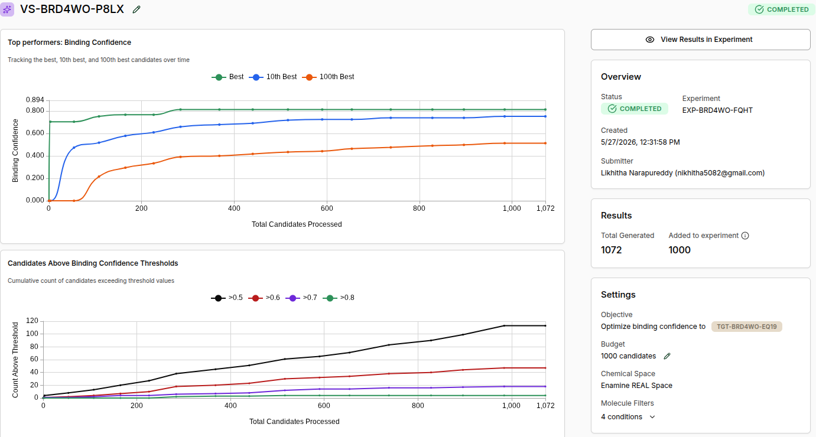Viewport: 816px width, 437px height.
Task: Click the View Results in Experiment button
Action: pyautogui.click(x=700, y=40)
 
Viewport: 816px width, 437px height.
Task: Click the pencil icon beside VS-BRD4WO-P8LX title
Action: pyautogui.click(x=136, y=10)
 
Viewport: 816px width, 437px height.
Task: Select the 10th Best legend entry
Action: pyautogui.click(x=273, y=77)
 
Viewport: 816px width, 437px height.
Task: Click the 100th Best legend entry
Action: pyautogui.click(x=328, y=77)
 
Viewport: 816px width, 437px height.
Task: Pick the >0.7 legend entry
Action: pyautogui.click(x=301, y=298)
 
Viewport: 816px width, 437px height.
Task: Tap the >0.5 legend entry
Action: pyautogui.click(x=226, y=298)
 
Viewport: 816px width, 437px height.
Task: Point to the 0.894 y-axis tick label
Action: pyautogui.click(x=35, y=99)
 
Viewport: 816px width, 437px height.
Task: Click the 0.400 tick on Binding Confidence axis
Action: pyautogui.click(x=35, y=155)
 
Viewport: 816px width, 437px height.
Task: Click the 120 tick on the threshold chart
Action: pyautogui.click(x=32, y=321)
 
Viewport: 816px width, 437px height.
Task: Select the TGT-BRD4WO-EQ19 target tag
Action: pyautogui.click(x=747, y=327)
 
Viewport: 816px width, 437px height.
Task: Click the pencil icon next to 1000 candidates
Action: pyautogui.click(x=667, y=356)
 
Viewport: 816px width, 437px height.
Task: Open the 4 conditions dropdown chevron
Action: pyautogui.click(x=652, y=417)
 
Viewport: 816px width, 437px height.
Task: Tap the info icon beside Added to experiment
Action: pyautogui.click(x=745, y=236)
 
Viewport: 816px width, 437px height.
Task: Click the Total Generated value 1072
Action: pyautogui.click(x=612, y=250)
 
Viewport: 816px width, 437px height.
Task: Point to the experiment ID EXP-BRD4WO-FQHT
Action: pyautogui.click(x=717, y=110)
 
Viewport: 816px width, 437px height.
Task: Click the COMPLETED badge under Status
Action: pyautogui.click(x=635, y=109)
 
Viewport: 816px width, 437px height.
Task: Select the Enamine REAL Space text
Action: pyautogui.click(x=637, y=386)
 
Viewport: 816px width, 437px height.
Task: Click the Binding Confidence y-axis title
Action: pyautogui.click(x=15, y=151)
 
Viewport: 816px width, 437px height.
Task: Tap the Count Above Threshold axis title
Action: pyautogui.click(x=15, y=360)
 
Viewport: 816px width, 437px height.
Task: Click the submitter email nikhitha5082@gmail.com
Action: pyautogui.click(x=720, y=173)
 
